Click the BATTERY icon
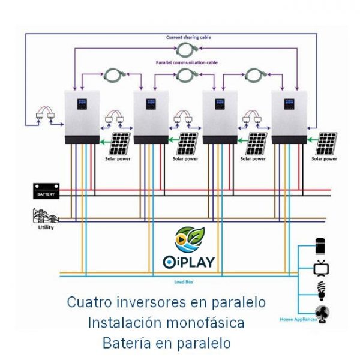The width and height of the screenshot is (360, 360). (x=46, y=191)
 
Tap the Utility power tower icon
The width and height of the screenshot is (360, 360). (x=44, y=217)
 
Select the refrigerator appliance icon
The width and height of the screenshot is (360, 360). (x=321, y=245)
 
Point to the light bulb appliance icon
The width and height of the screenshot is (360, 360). (x=322, y=289)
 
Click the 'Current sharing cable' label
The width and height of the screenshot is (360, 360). (x=188, y=37)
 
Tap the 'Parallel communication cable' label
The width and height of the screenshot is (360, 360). (x=187, y=62)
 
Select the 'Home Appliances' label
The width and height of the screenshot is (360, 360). (x=298, y=319)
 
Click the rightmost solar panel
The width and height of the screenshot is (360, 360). (x=327, y=144)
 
